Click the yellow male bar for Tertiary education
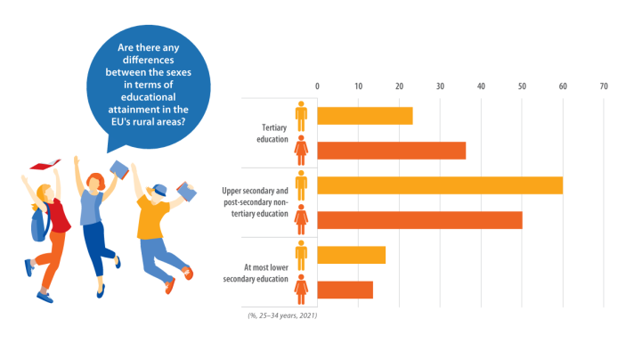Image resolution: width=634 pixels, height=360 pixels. click(365, 116)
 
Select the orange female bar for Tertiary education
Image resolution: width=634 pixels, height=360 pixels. click(391, 151)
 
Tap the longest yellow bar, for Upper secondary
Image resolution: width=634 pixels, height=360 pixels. click(440, 185)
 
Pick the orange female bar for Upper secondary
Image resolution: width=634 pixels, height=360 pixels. click(419, 220)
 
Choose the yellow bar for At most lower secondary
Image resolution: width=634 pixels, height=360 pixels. click(351, 255)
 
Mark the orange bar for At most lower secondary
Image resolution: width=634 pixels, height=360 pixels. click(345, 290)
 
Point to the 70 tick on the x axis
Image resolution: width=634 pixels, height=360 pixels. click(604, 86)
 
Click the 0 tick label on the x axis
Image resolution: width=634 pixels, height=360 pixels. click(317, 86)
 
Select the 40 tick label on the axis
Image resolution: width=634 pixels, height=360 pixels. click(481, 86)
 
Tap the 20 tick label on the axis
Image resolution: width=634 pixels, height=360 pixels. click(399, 86)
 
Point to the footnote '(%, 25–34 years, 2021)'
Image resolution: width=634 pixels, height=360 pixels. click(281, 315)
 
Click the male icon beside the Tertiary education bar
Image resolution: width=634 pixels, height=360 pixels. click(302, 115)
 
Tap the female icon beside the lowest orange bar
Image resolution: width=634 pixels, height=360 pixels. click(302, 290)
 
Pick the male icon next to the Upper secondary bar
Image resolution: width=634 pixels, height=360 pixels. click(302, 184)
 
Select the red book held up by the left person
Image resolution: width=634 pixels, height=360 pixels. click(44, 165)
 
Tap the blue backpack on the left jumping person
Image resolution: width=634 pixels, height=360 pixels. click(39, 225)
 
